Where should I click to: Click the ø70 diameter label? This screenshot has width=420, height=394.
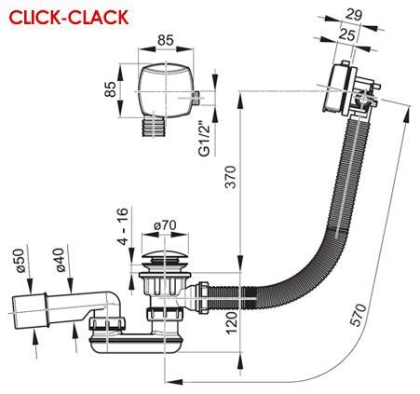click(167, 225)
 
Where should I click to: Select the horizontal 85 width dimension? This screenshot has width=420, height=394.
click(167, 40)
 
